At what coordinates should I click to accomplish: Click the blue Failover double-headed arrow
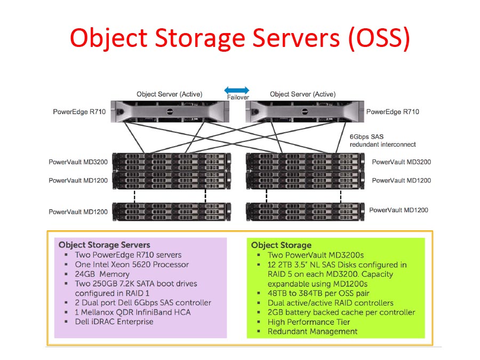tap(237, 90)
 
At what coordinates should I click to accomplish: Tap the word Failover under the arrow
tap(238, 98)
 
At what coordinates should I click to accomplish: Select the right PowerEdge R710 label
tap(393, 112)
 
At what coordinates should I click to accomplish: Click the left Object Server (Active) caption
tap(169, 94)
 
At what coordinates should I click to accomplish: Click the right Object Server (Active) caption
tap(302, 94)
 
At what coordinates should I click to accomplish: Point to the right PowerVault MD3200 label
tap(401, 162)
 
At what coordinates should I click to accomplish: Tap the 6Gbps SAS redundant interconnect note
tap(382, 141)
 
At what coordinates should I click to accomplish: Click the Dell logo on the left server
tap(170, 111)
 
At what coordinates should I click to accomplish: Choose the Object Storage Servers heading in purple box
tap(105, 245)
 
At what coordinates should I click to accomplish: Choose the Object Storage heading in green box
tap(281, 245)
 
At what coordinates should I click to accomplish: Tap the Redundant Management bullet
tap(312, 331)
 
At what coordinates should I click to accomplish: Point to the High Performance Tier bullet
tap(309, 322)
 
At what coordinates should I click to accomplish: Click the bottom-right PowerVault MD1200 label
tap(398, 210)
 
